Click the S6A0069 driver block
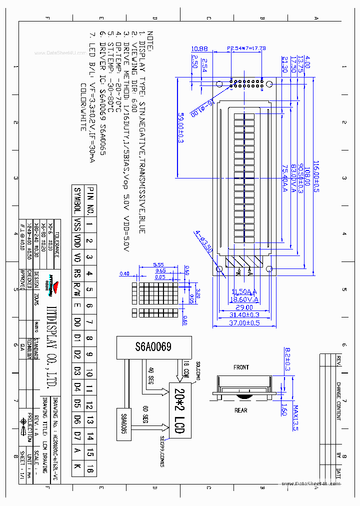pos(153,347)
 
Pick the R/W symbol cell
pos(77,289)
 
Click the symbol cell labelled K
pos(77,468)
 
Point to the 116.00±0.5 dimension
pos(316,176)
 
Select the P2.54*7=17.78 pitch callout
pos(246,48)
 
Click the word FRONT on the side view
pos(241,367)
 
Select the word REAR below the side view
pos(241,410)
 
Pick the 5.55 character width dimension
pos(158,264)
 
